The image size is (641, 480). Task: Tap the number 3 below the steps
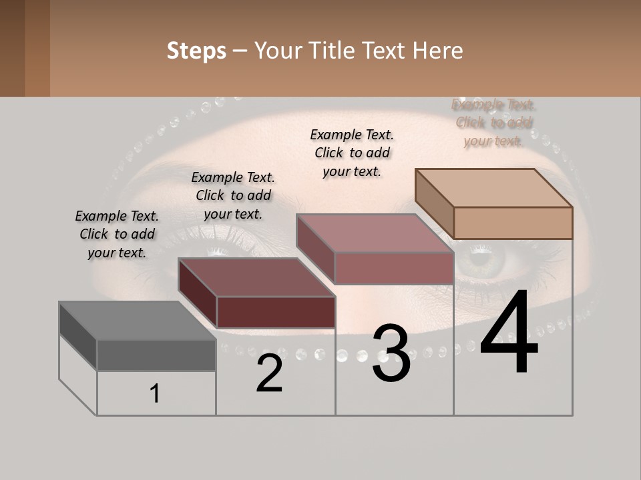(x=391, y=354)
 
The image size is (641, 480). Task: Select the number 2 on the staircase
(x=269, y=373)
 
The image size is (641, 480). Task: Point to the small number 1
(x=155, y=394)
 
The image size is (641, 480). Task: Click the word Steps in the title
(x=196, y=51)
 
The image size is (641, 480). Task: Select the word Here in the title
(x=439, y=51)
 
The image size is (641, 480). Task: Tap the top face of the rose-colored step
(x=375, y=233)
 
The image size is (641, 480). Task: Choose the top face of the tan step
(x=493, y=188)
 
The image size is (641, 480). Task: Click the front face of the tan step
(x=513, y=223)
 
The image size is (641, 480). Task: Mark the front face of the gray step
(x=156, y=355)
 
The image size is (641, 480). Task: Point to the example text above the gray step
(x=117, y=234)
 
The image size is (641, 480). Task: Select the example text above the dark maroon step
(x=233, y=195)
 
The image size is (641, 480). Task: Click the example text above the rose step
(x=352, y=153)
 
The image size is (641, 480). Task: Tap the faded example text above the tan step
(x=493, y=123)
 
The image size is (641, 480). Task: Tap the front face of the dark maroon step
(x=275, y=312)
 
